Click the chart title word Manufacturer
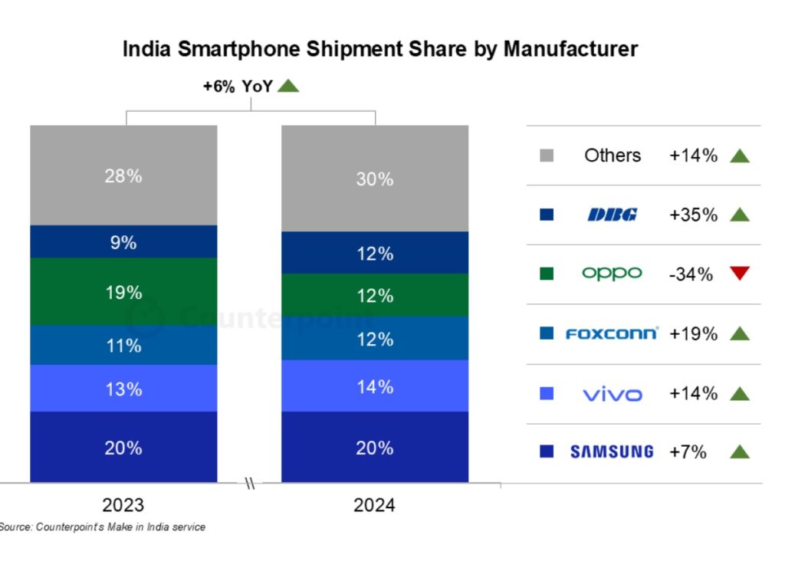570,49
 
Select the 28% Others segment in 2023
123,176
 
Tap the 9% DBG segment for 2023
123,242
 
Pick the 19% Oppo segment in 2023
123,292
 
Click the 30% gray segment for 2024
375,179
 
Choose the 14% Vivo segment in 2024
375,386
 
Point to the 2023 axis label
123,506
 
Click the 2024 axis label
374,506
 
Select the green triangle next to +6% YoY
288,86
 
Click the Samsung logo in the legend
612,451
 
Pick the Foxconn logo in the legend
612,333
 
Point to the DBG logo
612,215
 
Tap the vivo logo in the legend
612,394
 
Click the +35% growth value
693,215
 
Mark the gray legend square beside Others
547,156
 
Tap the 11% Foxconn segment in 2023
123,346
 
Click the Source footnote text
102,527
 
